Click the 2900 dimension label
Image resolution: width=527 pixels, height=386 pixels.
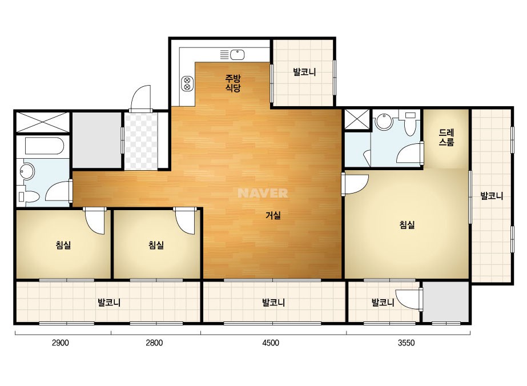pyautogui.click(x=61, y=343)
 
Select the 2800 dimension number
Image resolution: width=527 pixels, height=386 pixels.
pyautogui.click(x=154, y=343)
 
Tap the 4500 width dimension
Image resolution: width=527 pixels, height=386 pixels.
pyautogui.click(x=271, y=343)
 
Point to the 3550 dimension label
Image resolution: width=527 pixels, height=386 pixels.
pyautogui.click(x=407, y=343)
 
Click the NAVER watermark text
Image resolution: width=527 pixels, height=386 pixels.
pyautogui.click(x=263, y=193)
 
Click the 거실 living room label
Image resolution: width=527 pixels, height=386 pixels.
pyautogui.click(x=273, y=215)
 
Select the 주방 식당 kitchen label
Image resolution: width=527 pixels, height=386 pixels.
pyautogui.click(x=233, y=83)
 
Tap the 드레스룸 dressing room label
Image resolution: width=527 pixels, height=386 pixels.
pyautogui.click(x=446, y=137)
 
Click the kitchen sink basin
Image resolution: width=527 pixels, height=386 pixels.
pyautogui.click(x=238, y=54)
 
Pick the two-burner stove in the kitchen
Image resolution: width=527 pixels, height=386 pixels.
pyautogui.click(x=187, y=83)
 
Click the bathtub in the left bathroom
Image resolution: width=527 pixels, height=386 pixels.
pyautogui.click(x=45, y=146)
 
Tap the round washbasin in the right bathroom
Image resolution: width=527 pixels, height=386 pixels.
pyautogui.click(x=384, y=122)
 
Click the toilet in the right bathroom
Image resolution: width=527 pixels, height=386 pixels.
pyautogui.click(x=410, y=124)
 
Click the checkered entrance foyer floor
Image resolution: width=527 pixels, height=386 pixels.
pyautogui.click(x=141, y=141)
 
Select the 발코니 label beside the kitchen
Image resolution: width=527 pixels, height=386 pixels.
pyautogui.click(x=304, y=72)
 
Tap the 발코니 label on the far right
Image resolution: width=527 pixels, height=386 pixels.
pyautogui.click(x=492, y=196)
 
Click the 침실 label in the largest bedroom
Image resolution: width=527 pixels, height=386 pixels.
pyautogui.click(x=407, y=224)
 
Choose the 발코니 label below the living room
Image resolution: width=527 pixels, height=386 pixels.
pyautogui.click(x=273, y=303)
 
